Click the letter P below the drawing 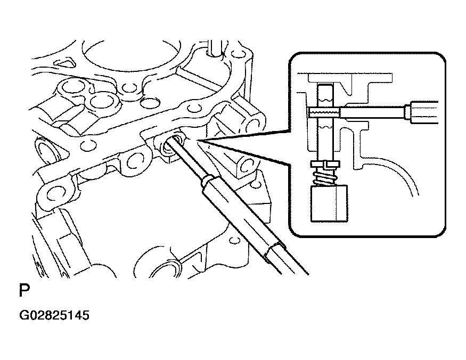pos(24,290)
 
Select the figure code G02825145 pos(54,315)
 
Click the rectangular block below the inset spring pos(329,203)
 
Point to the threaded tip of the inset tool pos(324,112)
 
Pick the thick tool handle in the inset pos(424,112)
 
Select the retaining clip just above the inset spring pos(325,164)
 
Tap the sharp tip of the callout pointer pos(197,140)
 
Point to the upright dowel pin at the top pos(214,48)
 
